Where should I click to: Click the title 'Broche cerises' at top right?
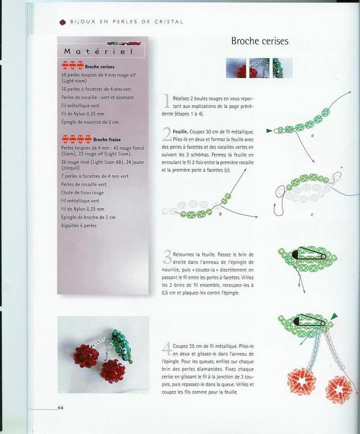click(x=260, y=41)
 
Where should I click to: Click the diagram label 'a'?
click(x=312, y=136)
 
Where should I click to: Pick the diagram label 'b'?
click(x=221, y=214)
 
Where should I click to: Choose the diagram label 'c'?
click(x=312, y=214)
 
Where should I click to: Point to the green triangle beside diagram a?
click(x=269, y=131)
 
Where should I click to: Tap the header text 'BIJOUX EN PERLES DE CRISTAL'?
click(x=126, y=22)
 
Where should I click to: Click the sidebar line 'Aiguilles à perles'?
click(x=79, y=225)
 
